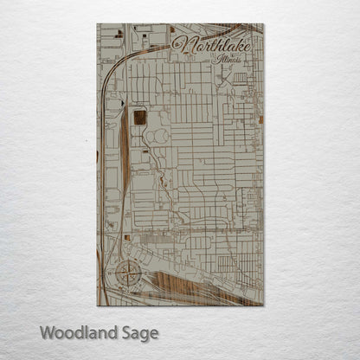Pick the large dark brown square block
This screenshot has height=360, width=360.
(139, 119)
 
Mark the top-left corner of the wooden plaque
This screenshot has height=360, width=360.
(98, 24)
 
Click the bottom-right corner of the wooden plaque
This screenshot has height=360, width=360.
(264, 305)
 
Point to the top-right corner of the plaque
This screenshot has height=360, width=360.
(264, 24)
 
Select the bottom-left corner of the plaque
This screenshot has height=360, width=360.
(98, 305)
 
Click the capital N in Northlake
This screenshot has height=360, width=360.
(183, 45)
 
